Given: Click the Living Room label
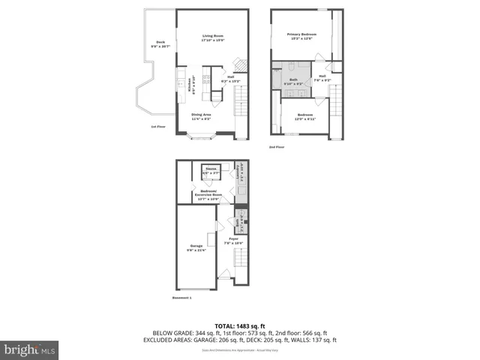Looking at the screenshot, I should [213, 38].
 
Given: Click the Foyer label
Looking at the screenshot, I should [233, 241].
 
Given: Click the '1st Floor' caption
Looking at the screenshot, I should [158, 127].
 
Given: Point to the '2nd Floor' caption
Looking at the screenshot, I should [277, 147].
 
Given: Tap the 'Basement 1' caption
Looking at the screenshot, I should [181, 298].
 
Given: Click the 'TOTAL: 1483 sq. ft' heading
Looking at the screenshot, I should [240, 325].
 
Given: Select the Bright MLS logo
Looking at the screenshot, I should [30, 349].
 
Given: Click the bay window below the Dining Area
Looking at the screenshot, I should [202, 136].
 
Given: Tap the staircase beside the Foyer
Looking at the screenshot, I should [241, 262].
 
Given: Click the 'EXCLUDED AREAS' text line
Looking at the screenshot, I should [240, 340].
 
